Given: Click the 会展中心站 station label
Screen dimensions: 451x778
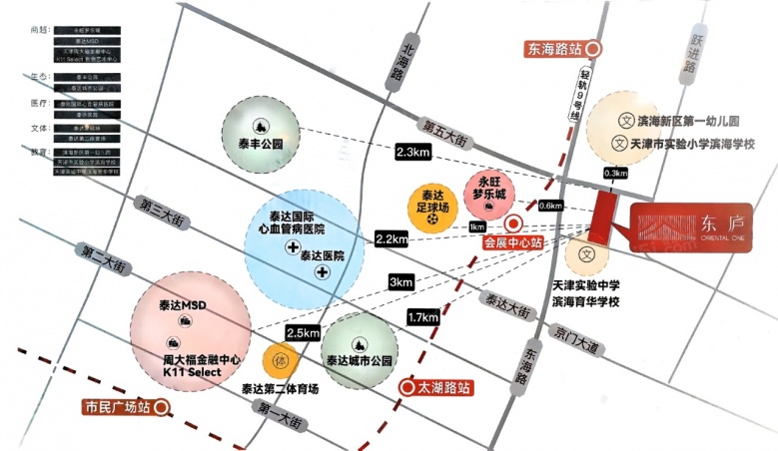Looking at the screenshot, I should [x=513, y=241].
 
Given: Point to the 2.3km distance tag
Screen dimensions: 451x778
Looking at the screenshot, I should [x=412, y=152].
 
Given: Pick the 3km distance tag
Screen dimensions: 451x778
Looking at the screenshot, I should [x=401, y=282].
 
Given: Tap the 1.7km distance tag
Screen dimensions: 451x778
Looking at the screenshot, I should [x=422, y=317].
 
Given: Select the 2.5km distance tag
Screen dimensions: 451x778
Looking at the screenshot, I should [x=303, y=332].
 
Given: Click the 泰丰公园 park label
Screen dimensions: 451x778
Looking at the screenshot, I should [x=260, y=143].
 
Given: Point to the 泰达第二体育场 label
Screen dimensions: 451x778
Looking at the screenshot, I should [x=281, y=389].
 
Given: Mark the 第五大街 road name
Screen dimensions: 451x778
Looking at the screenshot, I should [x=444, y=128].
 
